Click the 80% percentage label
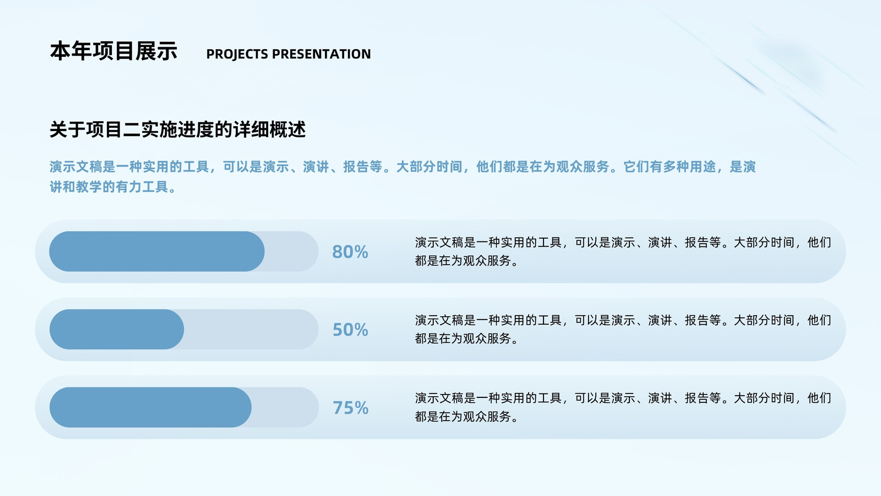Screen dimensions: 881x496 [x=350, y=251]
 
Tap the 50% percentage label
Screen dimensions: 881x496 [x=350, y=330]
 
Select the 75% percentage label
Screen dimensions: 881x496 [x=350, y=407]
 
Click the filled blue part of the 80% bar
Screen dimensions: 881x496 [x=156, y=251]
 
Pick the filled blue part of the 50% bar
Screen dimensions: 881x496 [x=116, y=329]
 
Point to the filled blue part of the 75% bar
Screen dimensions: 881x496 [x=150, y=407]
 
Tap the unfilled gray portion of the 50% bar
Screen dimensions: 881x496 [x=252, y=329]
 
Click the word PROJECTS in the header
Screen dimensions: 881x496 [x=237, y=54]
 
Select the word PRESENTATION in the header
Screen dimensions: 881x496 [x=322, y=54]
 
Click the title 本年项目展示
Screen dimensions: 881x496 [x=113, y=51]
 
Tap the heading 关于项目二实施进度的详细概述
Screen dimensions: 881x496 [x=177, y=130]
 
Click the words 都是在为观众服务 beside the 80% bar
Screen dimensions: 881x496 [x=463, y=261]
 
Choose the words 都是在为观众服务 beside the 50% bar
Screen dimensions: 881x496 [x=463, y=338]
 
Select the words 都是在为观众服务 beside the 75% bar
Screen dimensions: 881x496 [x=463, y=417]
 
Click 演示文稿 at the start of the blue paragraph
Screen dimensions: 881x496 [x=76, y=167]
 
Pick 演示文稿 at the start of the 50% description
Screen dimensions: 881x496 [x=439, y=320]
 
